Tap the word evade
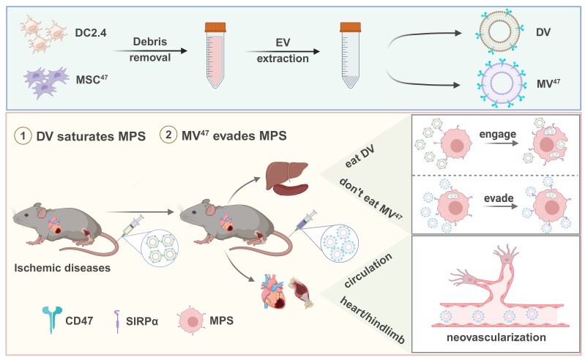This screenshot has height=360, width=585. pos(504,198)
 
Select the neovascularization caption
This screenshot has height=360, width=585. pos(494,339)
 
